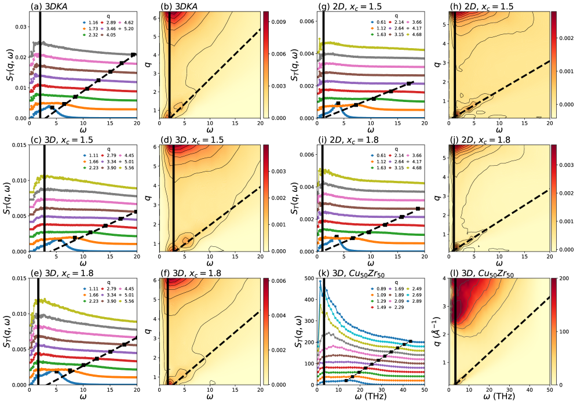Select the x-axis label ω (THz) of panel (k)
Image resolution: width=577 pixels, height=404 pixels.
372,399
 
